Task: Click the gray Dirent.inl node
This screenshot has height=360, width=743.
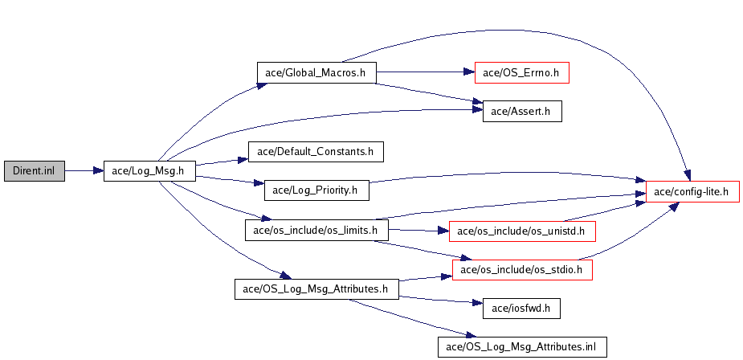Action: click(34, 170)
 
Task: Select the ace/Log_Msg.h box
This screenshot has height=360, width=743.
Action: click(149, 170)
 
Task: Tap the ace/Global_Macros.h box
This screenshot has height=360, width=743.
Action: click(316, 72)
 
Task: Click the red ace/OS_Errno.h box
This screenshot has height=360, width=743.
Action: click(522, 72)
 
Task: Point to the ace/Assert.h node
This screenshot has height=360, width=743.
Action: click(522, 111)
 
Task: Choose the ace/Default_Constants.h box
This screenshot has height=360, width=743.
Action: click(316, 152)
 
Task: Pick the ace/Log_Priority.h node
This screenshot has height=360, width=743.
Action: click(316, 190)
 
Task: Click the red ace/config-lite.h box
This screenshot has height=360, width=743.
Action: click(692, 191)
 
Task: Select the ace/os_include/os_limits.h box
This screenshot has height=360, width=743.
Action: click(316, 230)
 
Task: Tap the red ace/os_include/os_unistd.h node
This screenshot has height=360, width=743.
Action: click(522, 231)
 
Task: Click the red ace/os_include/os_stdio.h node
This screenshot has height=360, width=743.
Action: click(522, 270)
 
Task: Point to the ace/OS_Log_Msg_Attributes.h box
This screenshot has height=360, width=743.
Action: click(316, 288)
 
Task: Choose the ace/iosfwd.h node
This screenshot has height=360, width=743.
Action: click(521, 309)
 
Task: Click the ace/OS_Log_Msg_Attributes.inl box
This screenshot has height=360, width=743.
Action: click(522, 346)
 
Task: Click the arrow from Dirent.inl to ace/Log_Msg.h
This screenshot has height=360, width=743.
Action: click(84, 170)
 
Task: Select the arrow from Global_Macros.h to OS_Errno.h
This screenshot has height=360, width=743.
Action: click(426, 72)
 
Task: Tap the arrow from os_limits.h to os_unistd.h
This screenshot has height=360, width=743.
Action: click(418, 231)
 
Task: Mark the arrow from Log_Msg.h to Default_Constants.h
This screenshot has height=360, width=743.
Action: click(222, 162)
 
